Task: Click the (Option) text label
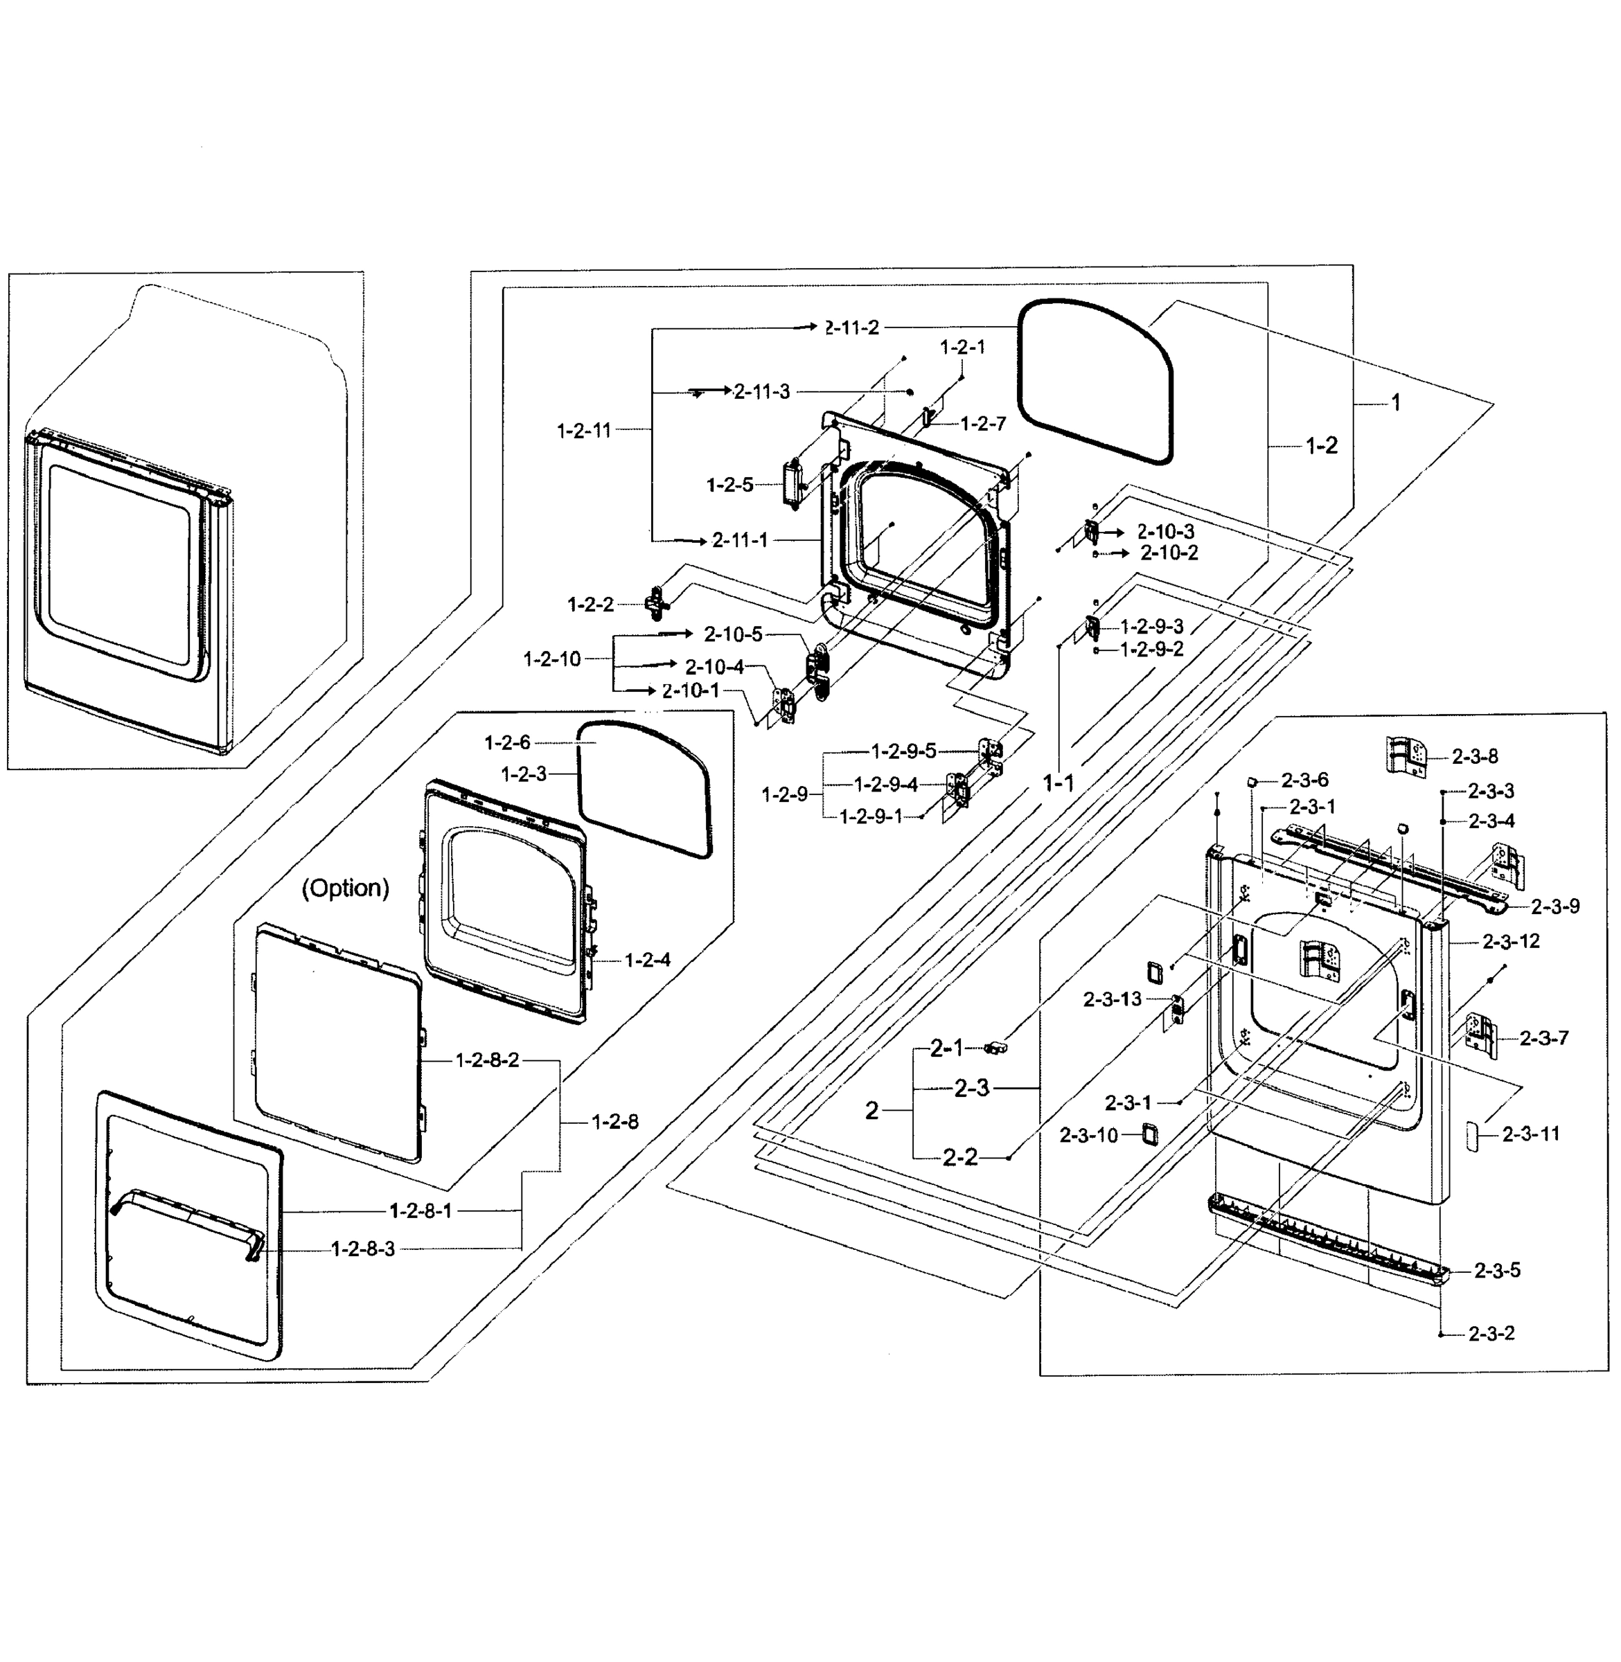346,888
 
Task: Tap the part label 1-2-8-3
363,1249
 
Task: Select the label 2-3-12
1511,941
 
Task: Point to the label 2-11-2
852,328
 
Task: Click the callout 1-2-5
729,485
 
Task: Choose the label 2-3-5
1497,1271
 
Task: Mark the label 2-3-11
1531,1134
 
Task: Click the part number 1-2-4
647,960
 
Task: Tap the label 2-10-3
1165,531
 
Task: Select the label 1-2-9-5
903,751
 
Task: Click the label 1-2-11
584,430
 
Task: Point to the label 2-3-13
1112,999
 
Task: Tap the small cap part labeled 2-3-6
1253,780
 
